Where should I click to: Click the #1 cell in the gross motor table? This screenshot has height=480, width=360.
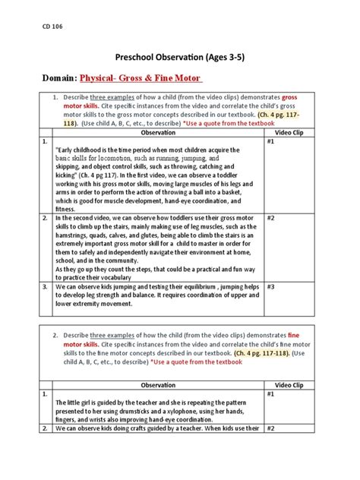click(271, 141)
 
